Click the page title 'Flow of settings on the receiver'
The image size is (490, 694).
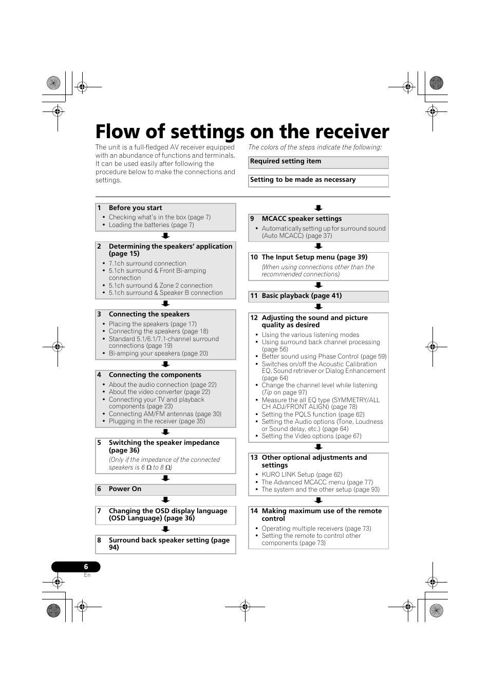242,132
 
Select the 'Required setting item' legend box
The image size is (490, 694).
318,162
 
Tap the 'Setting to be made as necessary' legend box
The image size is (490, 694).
318,180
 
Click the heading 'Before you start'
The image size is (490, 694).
135,208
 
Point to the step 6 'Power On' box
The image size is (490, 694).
165,490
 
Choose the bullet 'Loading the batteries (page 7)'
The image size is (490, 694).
151,225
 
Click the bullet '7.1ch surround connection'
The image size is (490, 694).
147,264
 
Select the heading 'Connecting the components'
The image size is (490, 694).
155,375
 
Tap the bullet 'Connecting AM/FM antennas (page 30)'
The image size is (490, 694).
165,414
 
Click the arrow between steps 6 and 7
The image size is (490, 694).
165,500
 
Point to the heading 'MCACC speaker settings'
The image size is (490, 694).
301,219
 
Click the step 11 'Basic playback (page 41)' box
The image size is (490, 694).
318,296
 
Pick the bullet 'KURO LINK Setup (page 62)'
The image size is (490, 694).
301,475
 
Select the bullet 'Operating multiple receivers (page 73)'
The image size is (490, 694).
316,529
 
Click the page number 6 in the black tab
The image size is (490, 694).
86,567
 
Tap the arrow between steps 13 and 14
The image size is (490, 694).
318,501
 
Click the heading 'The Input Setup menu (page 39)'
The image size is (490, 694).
314,257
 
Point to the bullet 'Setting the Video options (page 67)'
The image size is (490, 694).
311,436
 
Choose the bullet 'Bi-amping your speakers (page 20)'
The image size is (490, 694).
158,353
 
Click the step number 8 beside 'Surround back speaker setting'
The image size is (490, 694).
99,540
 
